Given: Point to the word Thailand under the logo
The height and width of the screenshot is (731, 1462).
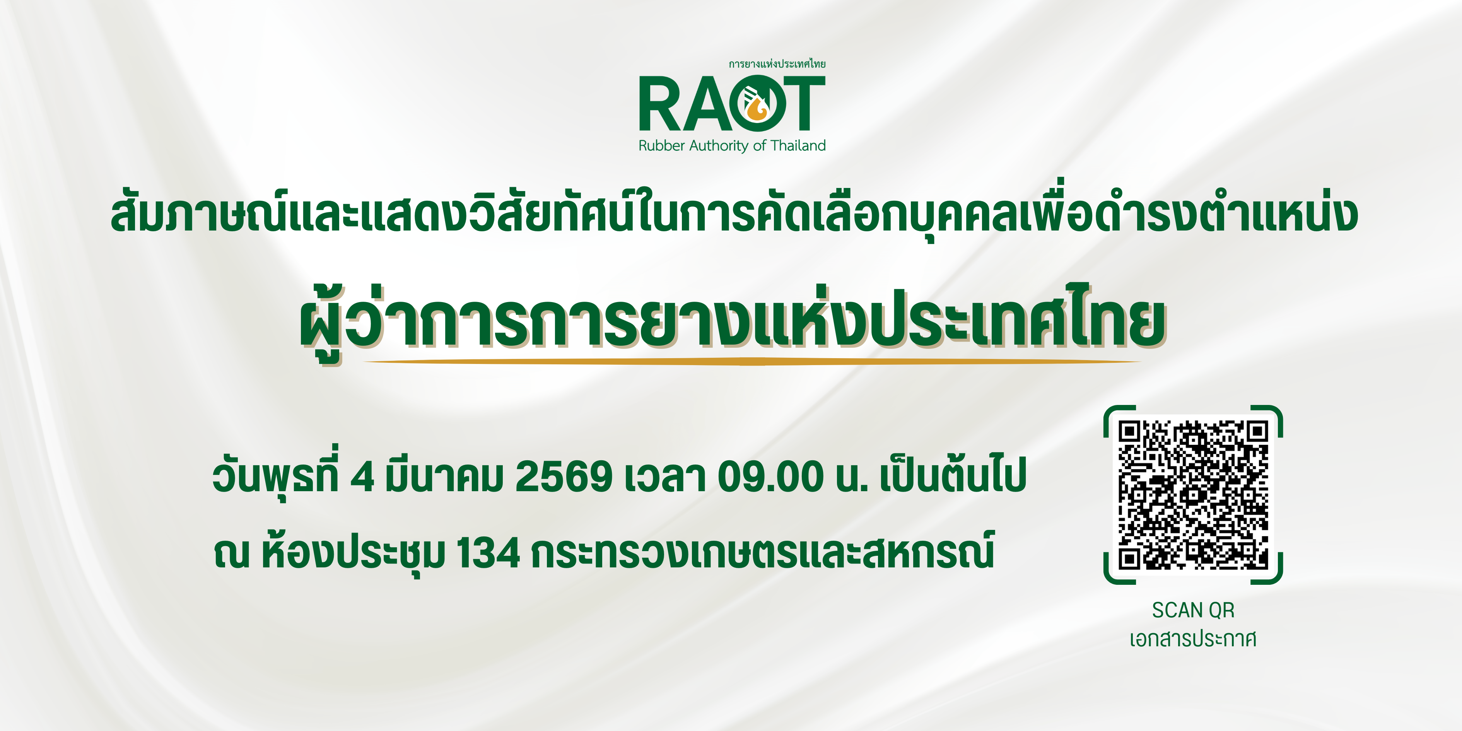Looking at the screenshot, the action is [x=798, y=146].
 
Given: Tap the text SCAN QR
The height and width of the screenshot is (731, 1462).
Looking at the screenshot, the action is [x=1193, y=610].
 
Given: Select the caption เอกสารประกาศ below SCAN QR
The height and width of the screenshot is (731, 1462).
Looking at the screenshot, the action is [x=1193, y=639].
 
